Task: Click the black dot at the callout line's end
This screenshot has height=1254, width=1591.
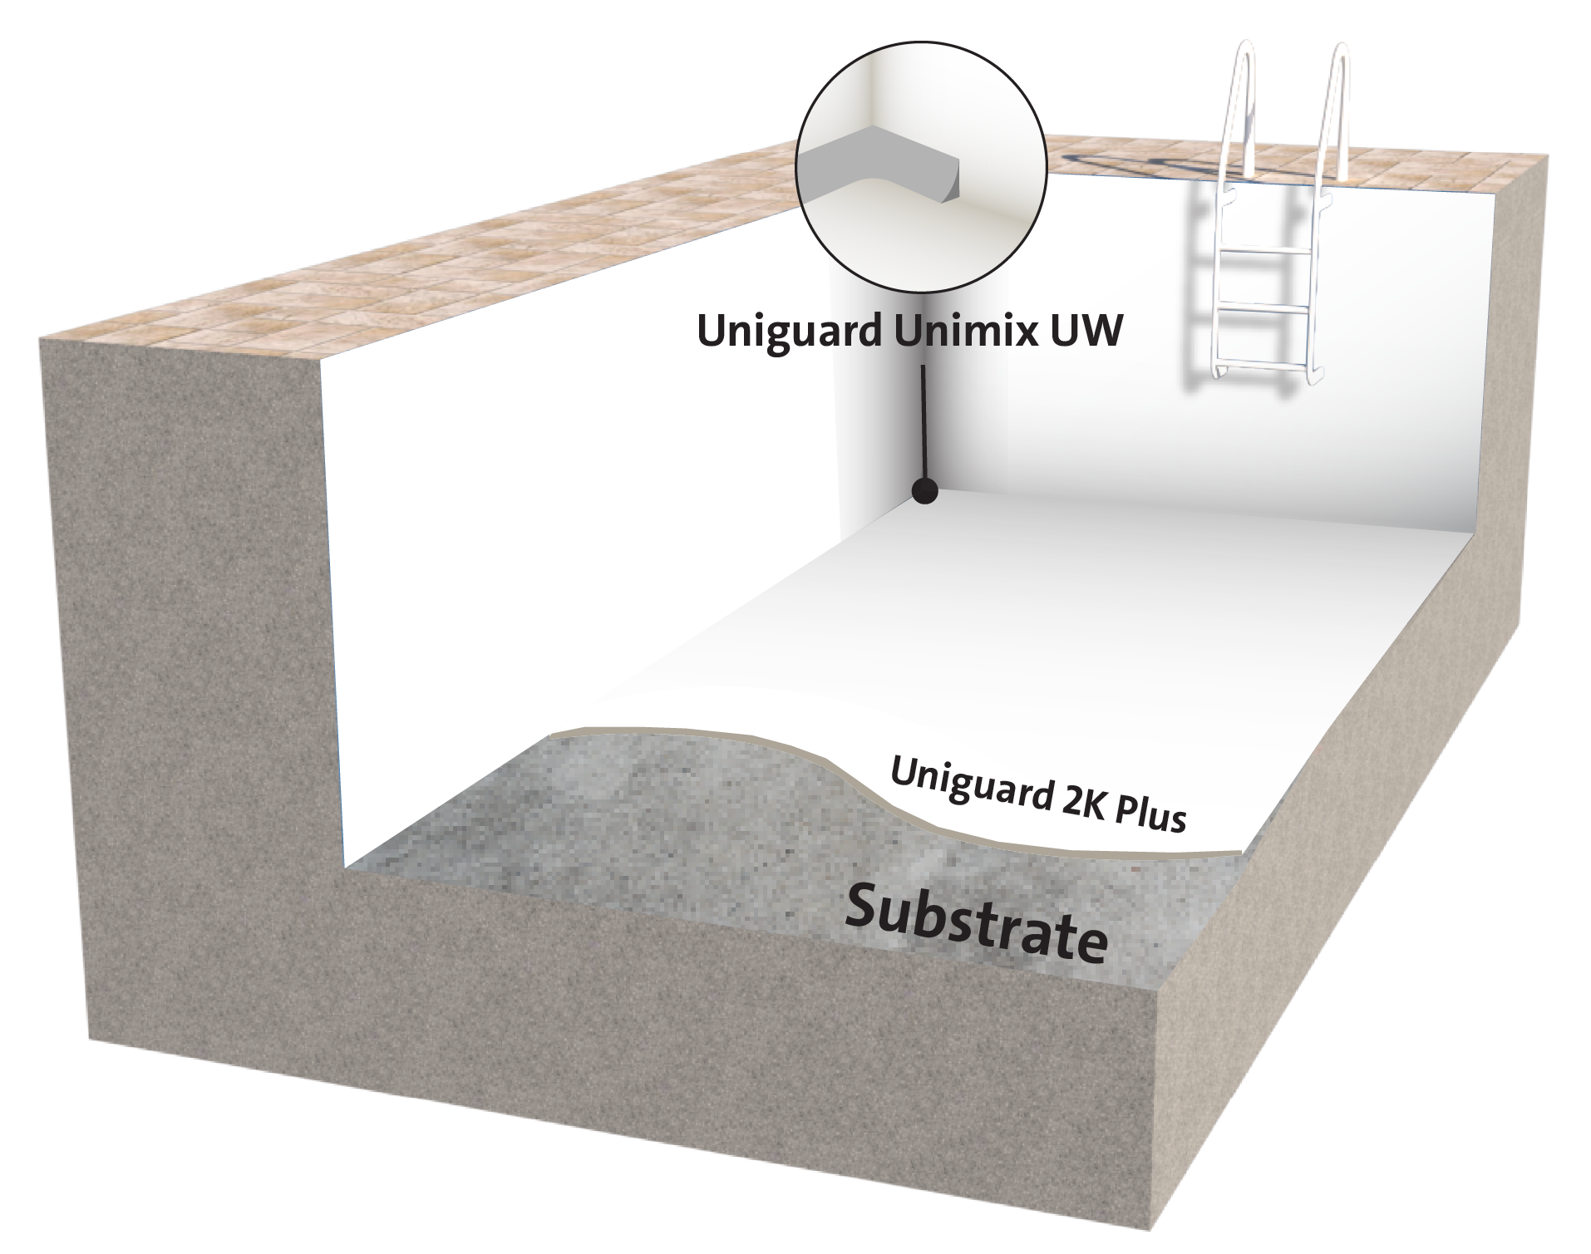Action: coord(924,492)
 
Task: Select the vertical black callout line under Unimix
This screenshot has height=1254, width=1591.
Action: coord(924,424)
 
